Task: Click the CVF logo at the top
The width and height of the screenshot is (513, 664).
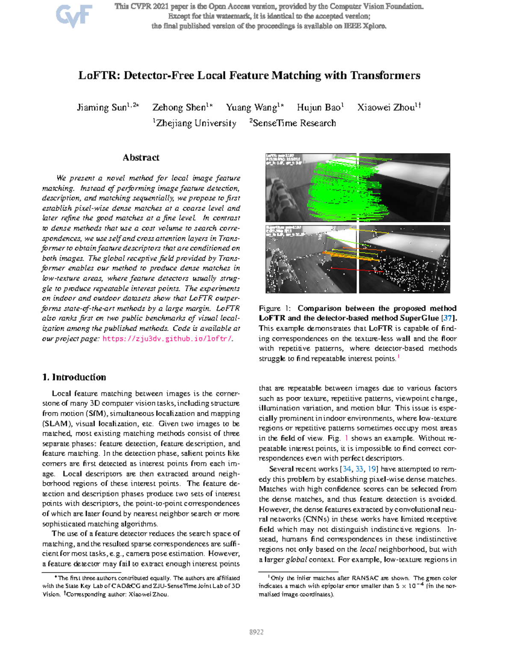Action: coord(74,16)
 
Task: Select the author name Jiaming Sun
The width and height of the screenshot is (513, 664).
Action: coord(102,107)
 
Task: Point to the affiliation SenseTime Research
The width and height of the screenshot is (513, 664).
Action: coord(294,124)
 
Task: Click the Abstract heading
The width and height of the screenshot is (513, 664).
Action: coord(141,157)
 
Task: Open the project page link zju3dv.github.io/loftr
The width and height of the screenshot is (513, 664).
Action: coord(167,339)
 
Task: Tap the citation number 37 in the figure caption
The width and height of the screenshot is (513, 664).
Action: coord(448,318)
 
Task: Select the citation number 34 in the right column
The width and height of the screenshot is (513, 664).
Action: coord(347,469)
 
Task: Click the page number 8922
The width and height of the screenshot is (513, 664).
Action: coord(256,632)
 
